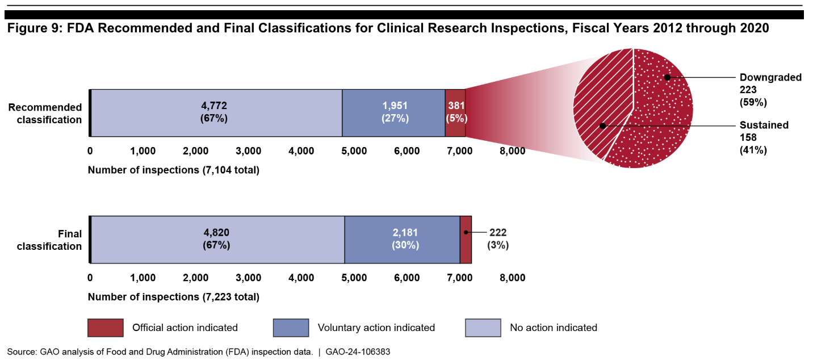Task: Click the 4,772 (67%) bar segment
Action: [x=216, y=112]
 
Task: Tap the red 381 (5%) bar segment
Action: [x=455, y=112]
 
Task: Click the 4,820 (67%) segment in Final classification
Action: [x=217, y=239]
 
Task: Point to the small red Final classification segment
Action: [x=466, y=239]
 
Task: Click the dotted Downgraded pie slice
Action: [x=664, y=114]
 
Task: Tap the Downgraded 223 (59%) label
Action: [x=769, y=90]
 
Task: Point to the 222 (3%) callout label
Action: [x=498, y=239]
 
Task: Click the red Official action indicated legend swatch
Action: [x=106, y=328]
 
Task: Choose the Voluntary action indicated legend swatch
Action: [x=291, y=328]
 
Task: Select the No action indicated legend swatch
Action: [x=483, y=328]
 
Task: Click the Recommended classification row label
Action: [x=49, y=113]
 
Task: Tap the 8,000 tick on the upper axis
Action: [x=512, y=151]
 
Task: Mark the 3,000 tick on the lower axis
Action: [x=248, y=278]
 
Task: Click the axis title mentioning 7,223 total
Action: [x=173, y=297]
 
